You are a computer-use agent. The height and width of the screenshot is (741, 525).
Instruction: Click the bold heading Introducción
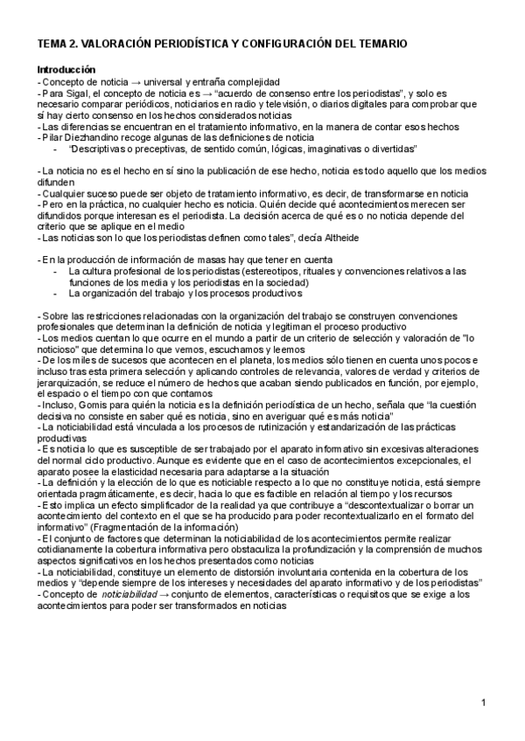pos(66,69)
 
